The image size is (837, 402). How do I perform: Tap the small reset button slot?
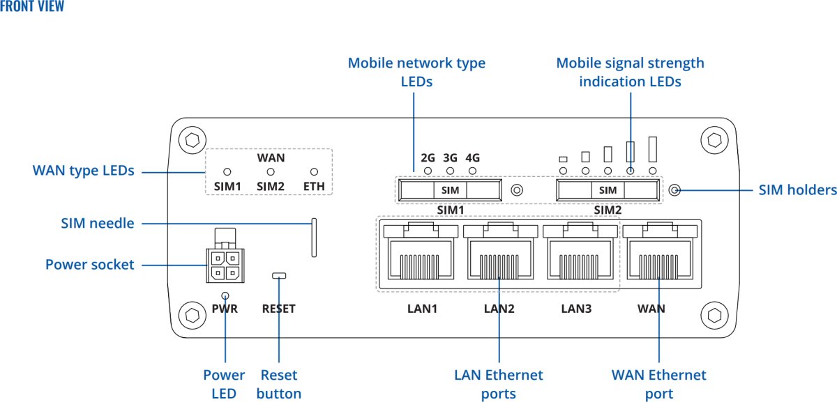click(279, 277)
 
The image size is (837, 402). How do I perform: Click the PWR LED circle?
click(225, 295)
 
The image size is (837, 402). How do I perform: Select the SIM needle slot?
click(314, 238)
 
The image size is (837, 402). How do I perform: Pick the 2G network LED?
click(428, 171)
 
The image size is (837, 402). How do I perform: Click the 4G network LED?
click(473, 171)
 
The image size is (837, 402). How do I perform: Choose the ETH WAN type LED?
click(314, 171)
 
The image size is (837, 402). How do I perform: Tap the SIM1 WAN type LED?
click(227, 171)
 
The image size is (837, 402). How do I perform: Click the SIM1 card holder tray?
click(451, 190)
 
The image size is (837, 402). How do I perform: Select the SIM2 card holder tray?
click(608, 190)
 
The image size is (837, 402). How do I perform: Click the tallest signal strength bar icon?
click(654, 150)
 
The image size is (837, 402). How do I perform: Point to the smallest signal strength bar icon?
click(563, 159)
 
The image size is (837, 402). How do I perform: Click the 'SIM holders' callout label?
click(797, 190)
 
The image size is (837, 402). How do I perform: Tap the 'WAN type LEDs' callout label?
click(83, 170)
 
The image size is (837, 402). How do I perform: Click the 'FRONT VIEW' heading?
click(33, 7)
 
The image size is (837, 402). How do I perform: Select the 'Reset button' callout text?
click(278, 384)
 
